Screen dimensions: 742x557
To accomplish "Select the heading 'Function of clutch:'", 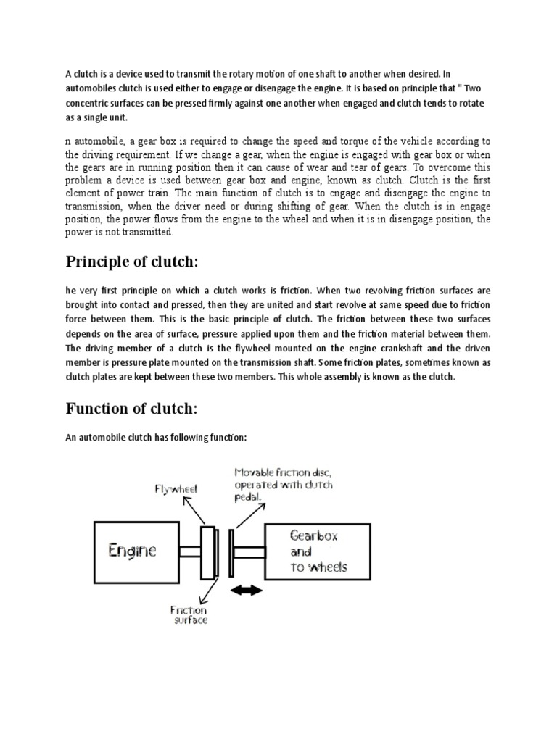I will point(131,409).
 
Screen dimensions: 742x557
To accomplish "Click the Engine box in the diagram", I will point(132,551).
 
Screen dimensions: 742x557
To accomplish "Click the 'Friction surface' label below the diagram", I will point(189,616).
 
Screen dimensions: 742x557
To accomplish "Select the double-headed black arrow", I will point(247,592).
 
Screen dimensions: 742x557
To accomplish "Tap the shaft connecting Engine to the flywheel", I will point(191,551).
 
